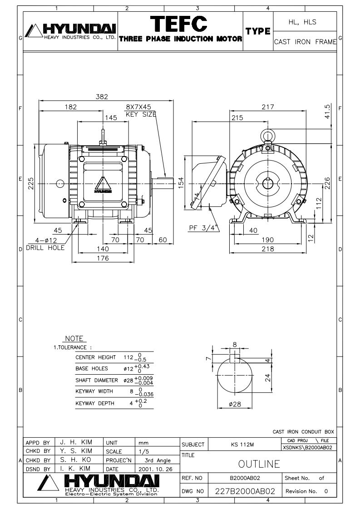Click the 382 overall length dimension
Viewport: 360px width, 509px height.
tap(102, 97)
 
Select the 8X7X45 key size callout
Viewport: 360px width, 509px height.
tap(138, 107)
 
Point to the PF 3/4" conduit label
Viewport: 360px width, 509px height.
tap(204, 228)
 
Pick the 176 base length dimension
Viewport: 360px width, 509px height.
tap(103, 258)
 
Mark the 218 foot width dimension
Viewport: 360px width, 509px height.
tap(268, 249)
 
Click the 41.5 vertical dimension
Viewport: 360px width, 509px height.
tap(327, 111)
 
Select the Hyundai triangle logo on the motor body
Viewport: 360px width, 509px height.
tap(103, 185)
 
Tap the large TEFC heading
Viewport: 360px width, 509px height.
tap(179, 24)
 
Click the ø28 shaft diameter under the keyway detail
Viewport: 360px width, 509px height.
tap(235, 404)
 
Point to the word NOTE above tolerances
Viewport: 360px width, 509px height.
tap(74, 338)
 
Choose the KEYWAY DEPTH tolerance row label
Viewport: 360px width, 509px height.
tap(95, 403)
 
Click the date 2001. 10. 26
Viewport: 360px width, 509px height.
tap(155, 469)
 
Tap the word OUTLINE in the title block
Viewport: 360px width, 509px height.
tap(259, 464)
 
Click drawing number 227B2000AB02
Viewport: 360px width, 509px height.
tap(245, 491)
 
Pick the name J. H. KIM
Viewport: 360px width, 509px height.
tap(76, 442)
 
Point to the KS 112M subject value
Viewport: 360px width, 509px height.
tap(242, 445)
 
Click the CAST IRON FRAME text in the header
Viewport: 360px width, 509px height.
tap(305, 42)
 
